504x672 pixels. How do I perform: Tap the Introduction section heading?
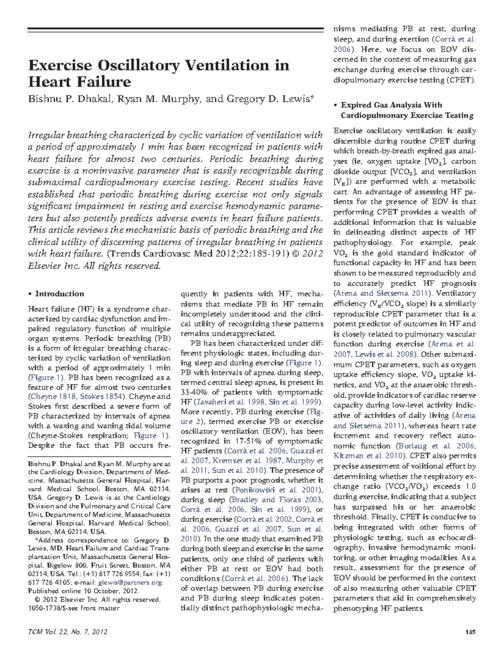point(59,294)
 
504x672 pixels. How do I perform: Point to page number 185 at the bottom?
point(471,632)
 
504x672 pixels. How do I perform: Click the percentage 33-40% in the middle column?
point(195,392)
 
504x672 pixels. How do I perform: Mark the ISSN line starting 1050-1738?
point(73,608)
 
